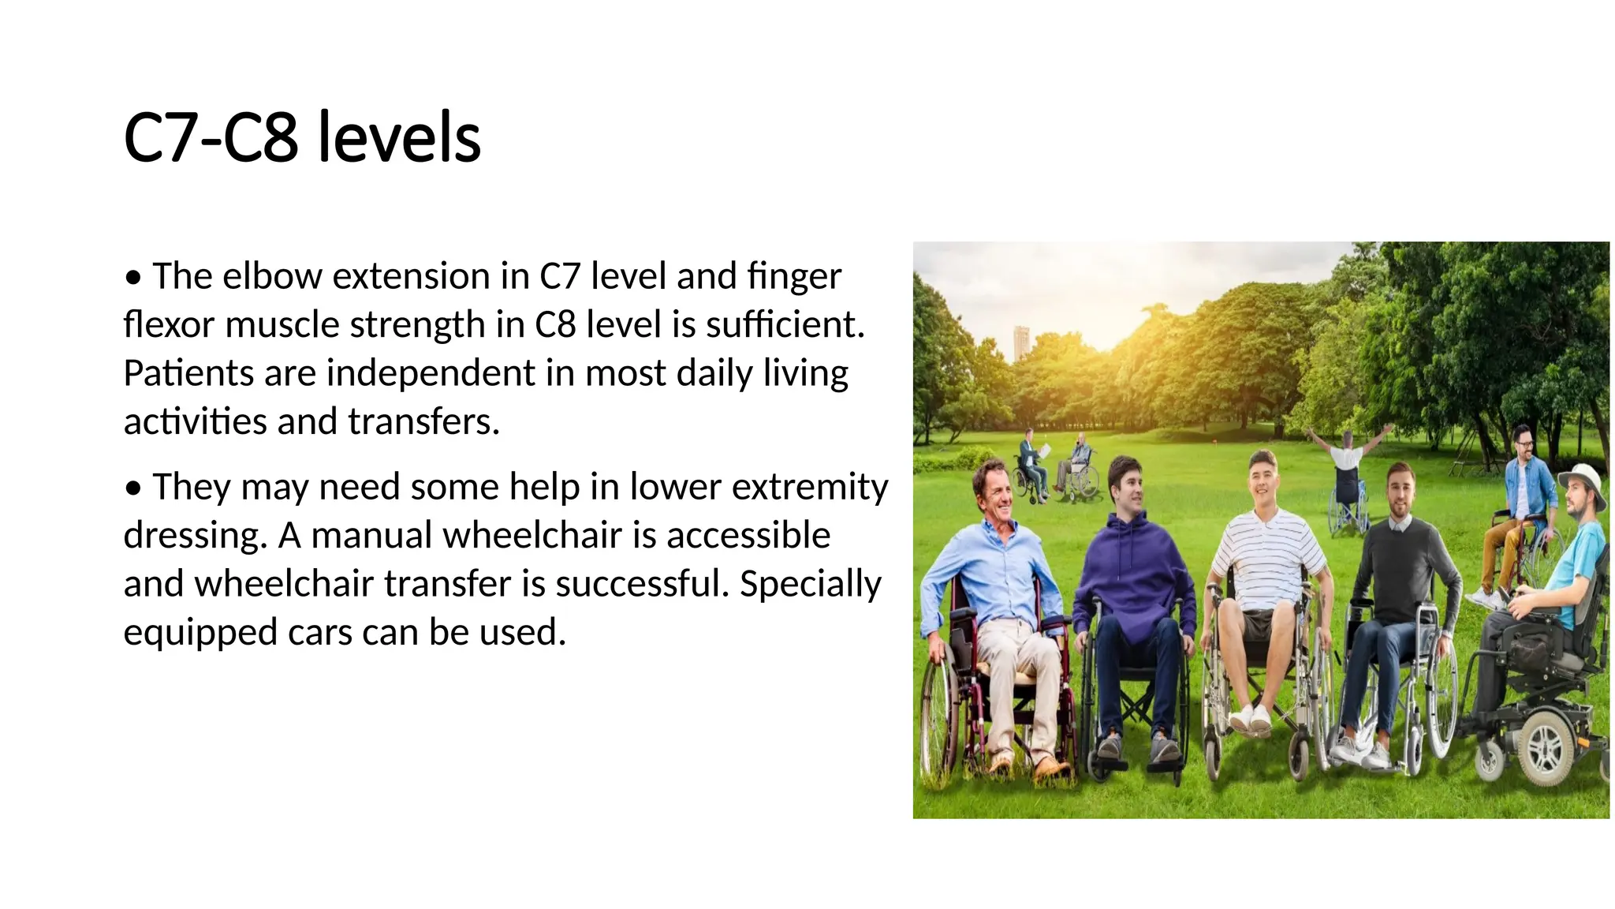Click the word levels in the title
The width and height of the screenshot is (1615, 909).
[x=398, y=138]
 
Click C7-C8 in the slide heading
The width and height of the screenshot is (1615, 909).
[x=211, y=138]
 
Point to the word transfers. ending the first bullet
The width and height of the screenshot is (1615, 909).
[x=423, y=421]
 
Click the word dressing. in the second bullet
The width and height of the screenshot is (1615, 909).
[x=196, y=536]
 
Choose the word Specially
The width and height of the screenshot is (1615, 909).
[x=810, y=585]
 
